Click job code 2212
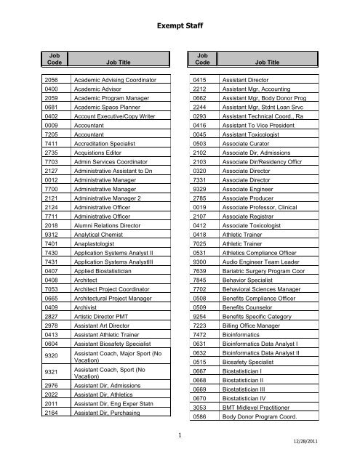coord(201,88)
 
